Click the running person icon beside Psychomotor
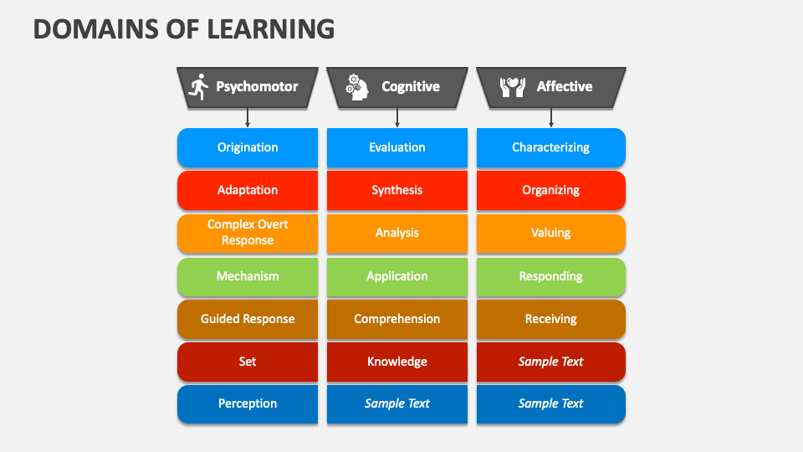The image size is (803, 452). point(199,86)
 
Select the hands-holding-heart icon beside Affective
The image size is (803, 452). point(512,86)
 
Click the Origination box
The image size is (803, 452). point(248,147)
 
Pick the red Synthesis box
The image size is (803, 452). point(397,190)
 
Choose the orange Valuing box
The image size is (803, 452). point(550,234)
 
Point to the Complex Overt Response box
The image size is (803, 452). point(248,233)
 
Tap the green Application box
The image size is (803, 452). point(397,276)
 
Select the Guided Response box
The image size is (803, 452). point(248,319)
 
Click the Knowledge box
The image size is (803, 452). point(397,362)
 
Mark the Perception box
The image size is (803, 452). point(248,403)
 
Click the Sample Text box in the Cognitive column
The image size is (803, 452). point(397,403)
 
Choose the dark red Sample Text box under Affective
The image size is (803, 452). point(550,362)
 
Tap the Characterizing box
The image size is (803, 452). point(550,147)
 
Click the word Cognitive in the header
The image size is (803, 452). point(411,86)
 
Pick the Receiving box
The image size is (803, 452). point(550,319)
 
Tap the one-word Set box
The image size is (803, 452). point(248,362)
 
